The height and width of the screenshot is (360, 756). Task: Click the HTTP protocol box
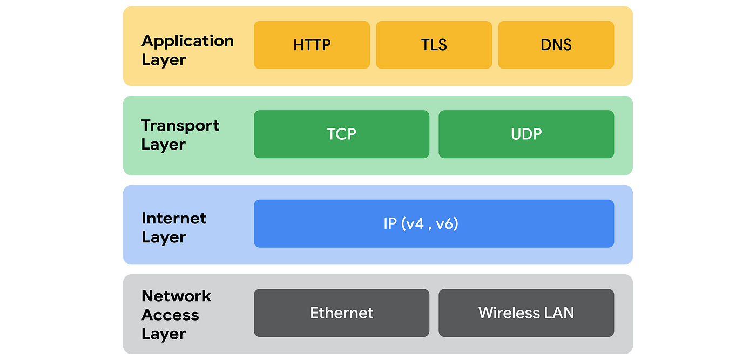pyautogui.click(x=312, y=45)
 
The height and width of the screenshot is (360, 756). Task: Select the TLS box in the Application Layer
pyautogui.click(x=434, y=45)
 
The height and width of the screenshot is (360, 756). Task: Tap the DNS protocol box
pyautogui.click(x=556, y=45)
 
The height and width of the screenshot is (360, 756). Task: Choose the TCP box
pyautogui.click(x=341, y=134)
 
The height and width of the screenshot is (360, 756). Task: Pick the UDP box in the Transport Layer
pyautogui.click(x=526, y=134)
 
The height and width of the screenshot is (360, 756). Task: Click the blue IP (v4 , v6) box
pyautogui.click(x=434, y=223)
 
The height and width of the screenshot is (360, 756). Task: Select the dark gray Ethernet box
pyautogui.click(x=341, y=313)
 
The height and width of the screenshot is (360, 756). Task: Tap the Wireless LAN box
pyautogui.click(x=526, y=313)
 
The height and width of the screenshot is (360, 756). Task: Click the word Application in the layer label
pyautogui.click(x=187, y=41)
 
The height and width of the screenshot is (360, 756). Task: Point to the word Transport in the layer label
pyautogui.click(x=180, y=126)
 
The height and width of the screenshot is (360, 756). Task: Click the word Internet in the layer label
pyautogui.click(x=174, y=219)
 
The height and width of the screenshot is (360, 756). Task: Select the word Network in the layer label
pyautogui.click(x=176, y=296)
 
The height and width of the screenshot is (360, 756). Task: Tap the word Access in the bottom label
pyautogui.click(x=170, y=315)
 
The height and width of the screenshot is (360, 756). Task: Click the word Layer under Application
pyautogui.click(x=164, y=60)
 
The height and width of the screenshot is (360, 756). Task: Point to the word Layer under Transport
pyautogui.click(x=164, y=145)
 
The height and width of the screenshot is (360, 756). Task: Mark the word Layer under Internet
pyautogui.click(x=164, y=237)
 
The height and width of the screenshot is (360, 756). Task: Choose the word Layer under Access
pyautogui.click(x=164, y=334)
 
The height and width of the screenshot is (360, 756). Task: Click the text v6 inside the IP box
pyautogui.click(x=446, y=223)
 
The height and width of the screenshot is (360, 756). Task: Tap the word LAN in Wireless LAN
pyautogui.click(x=559, y=313)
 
